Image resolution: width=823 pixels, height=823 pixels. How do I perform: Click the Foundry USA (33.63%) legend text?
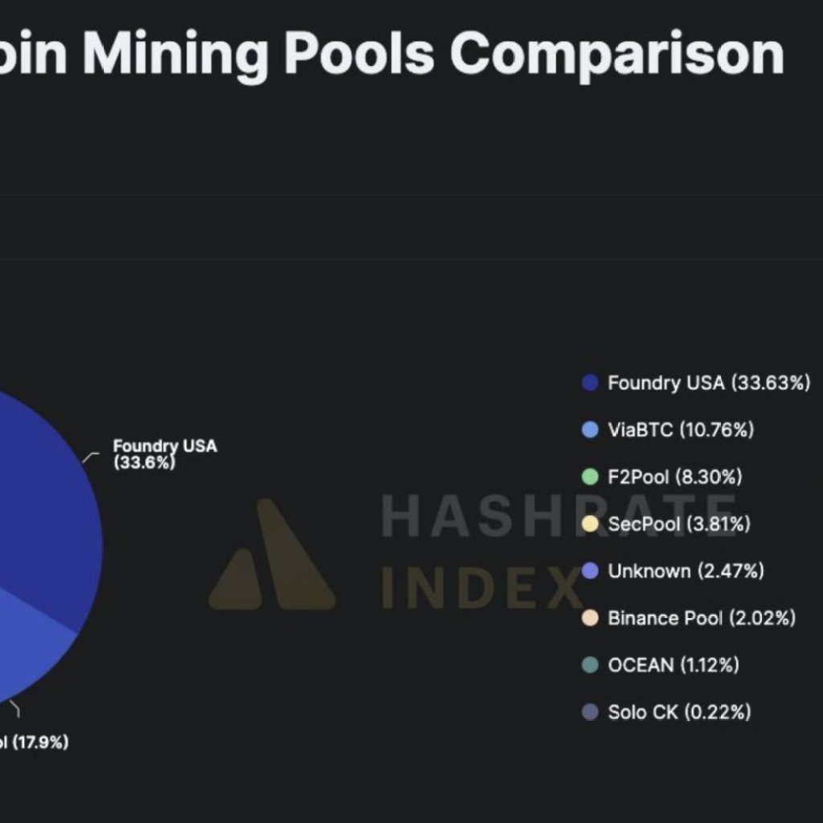(709, 383)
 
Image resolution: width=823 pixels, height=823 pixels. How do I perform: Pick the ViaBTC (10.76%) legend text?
(681, 430)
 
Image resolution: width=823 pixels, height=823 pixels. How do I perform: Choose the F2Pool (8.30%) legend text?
(675, 477)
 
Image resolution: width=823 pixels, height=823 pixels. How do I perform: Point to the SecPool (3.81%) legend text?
(679, 525)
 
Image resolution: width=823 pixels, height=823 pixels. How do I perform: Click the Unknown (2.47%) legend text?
(686, 571)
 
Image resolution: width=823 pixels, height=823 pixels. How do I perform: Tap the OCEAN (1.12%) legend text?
(674, 665)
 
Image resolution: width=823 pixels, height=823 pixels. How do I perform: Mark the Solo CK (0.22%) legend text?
(679, 712)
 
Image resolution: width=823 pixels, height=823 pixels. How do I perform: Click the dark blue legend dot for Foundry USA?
(591, 383)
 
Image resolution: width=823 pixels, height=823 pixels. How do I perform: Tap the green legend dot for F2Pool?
(591, 477)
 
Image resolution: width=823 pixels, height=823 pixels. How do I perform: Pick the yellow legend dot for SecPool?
(591, 525)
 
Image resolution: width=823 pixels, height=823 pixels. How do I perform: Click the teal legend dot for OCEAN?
(591, 665)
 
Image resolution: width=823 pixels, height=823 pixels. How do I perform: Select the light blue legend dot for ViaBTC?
(591, 430)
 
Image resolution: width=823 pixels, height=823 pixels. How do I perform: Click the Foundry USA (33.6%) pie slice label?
(164, 454)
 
